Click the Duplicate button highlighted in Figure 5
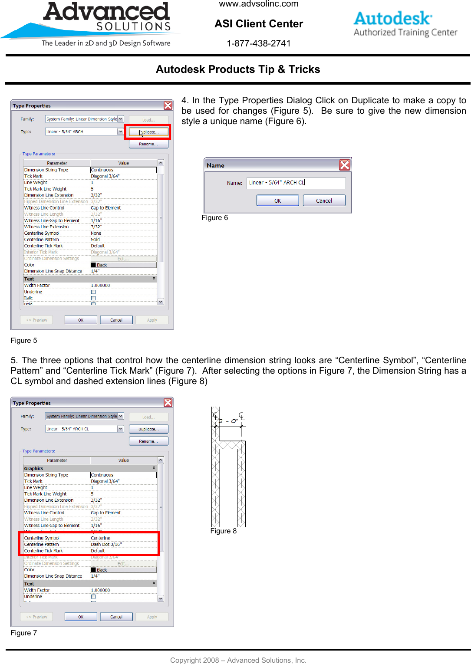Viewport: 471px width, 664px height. click(x=148, y=132)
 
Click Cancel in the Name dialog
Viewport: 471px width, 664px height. click(x=324, y=201)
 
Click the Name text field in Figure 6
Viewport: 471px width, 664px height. click(x=296, y=183)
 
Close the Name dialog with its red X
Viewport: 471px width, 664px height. click(x=344, y=165)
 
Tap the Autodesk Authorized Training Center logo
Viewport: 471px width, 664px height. click(x=405, y=24)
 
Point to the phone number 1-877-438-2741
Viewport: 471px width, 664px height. click(x=259, y=43)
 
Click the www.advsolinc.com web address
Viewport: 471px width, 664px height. click(x=259, y=4)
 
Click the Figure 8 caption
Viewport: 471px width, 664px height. click(x=224, y=531)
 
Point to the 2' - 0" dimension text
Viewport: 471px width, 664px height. click(x=228, y=421)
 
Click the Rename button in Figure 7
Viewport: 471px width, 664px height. click(x=148, y=441)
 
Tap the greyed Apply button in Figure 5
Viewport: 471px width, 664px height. click(x=152, y=320)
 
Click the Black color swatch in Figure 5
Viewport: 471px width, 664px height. click(x=93, y=265)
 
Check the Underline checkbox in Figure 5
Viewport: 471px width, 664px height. click(x=93, y=292)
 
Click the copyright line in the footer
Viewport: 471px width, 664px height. click(x=238, y=660)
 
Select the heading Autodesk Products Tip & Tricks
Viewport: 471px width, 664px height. click(x=238, y=69)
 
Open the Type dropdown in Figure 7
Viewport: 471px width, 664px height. click(x=121, y=429)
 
